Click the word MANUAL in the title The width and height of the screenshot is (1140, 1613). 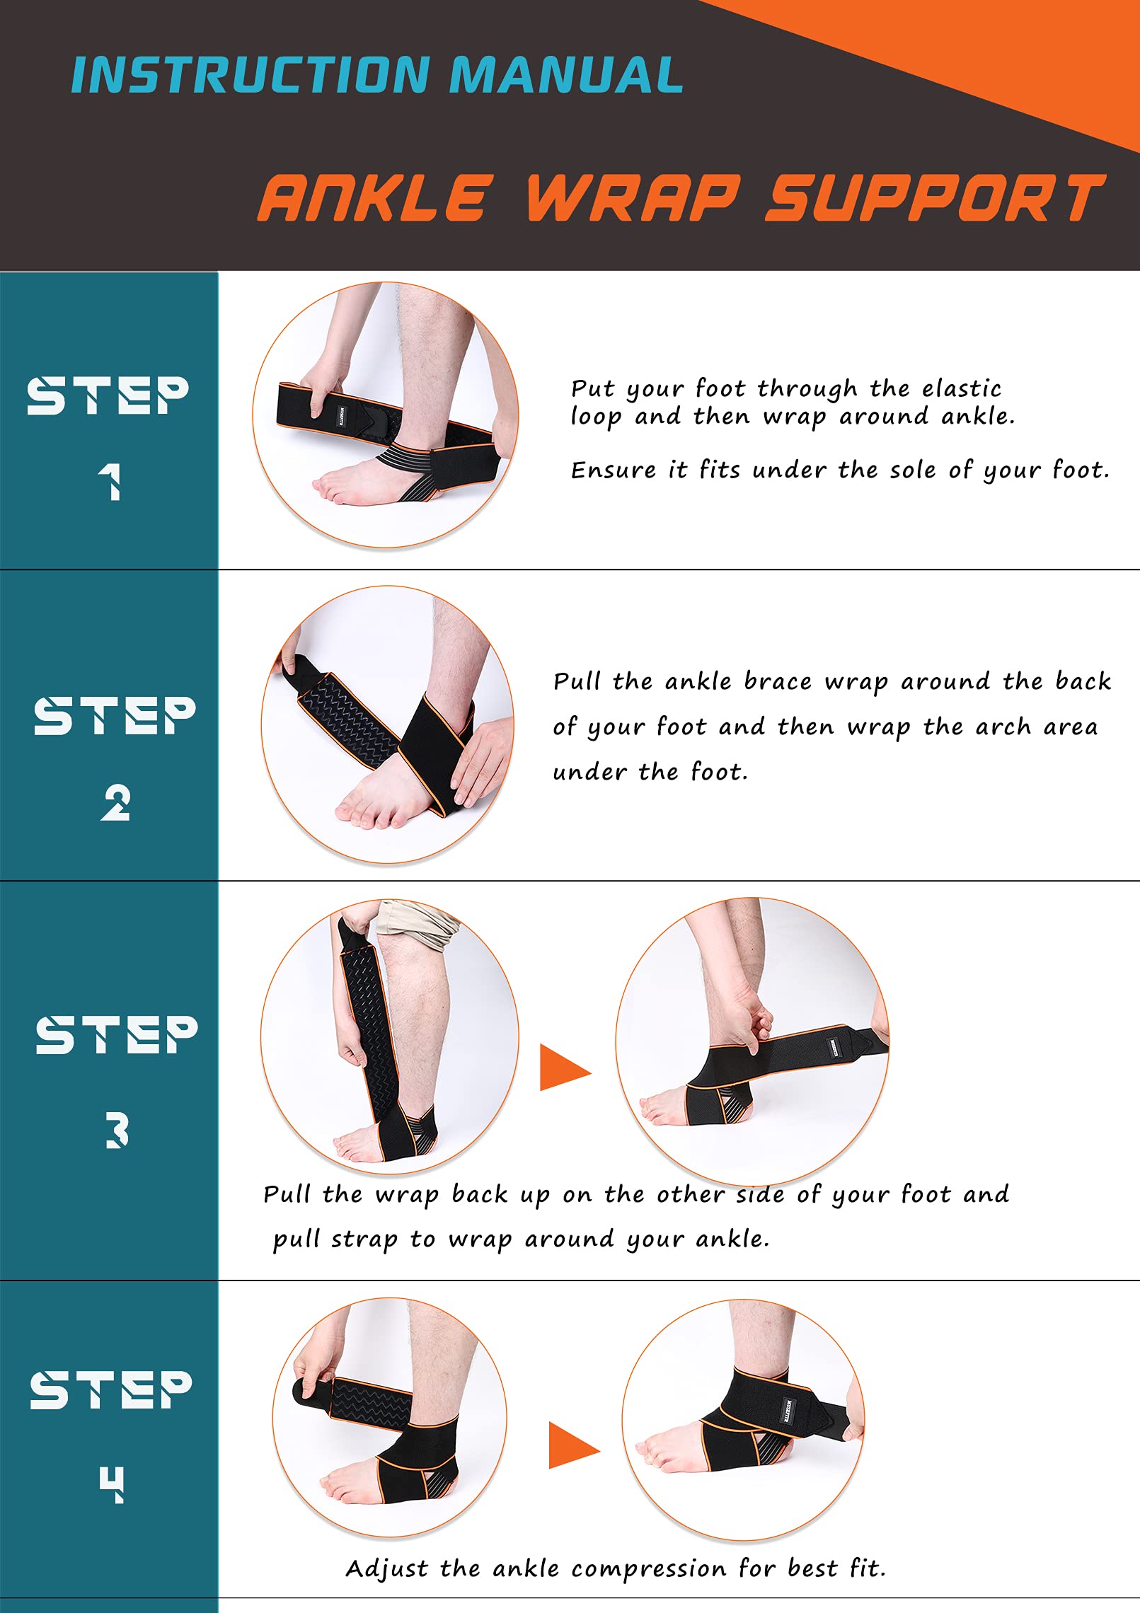566,75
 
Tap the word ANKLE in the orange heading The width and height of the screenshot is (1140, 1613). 375,198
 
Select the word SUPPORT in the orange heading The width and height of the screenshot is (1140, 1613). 935,198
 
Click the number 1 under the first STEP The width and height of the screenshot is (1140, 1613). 110,482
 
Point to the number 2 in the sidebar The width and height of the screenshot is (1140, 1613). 115,803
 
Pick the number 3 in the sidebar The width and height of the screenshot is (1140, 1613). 117,1129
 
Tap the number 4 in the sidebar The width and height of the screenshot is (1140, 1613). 112,1484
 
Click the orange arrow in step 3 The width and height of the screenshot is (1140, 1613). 564,1067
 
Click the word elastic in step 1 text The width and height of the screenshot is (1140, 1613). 961,388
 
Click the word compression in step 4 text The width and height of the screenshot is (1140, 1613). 648,1568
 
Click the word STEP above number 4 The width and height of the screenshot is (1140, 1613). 111,1389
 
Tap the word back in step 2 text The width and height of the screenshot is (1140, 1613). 1083,681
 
